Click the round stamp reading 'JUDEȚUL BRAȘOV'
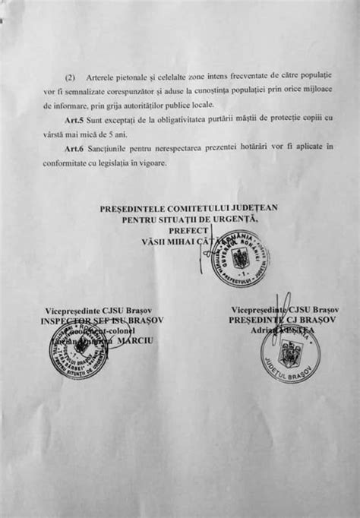(290, 354)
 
